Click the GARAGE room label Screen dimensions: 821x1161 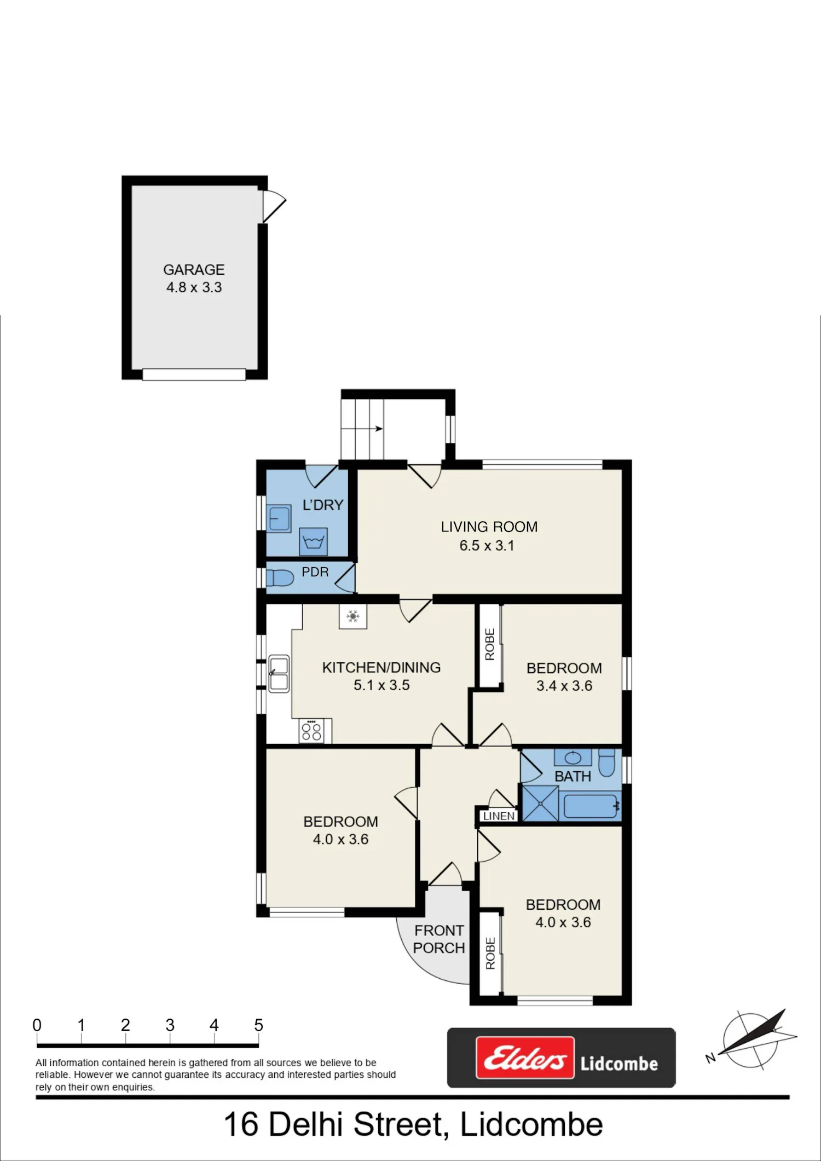click(x=194, y=269)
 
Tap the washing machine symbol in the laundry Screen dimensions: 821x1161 click(x=314, y=542)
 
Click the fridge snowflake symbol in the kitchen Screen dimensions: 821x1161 click(x=353, y=617)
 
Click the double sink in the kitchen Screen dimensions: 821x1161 click(x=279, y=673)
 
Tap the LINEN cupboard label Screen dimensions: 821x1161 click(x=499, y=816)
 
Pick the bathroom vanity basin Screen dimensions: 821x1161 click(x=573, y=758)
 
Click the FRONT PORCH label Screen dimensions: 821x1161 click(x=439, y=939)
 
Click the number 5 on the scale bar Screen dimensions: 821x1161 click(x=259, y=1025)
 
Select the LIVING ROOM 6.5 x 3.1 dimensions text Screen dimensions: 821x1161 click(x=487, y=545)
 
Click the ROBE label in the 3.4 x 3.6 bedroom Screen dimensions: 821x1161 click(x=490, y=644)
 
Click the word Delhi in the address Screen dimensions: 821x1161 click(x=305, y=1124)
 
